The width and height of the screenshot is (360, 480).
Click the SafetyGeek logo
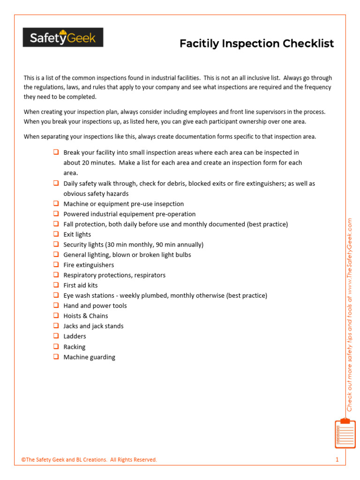[63, 37]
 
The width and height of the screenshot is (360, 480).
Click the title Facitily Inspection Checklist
[256, 44]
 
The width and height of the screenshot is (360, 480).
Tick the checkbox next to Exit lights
[55, 234]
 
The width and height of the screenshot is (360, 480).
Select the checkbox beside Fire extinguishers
[55, 264]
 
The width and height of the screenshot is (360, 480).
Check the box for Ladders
[55, 336]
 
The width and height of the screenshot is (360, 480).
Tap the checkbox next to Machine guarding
[55, 356]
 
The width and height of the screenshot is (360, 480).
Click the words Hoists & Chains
[86, 316]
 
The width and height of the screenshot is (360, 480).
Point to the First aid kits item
[81, 285]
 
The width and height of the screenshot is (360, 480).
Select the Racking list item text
[75, 347]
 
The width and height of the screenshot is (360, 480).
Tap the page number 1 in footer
[337, 460]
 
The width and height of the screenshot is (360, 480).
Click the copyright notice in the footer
[89, 460]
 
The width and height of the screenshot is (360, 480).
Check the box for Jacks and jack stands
[55, 325]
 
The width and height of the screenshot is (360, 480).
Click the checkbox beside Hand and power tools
[55, 305]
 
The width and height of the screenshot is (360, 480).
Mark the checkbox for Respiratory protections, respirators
[55, 275]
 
